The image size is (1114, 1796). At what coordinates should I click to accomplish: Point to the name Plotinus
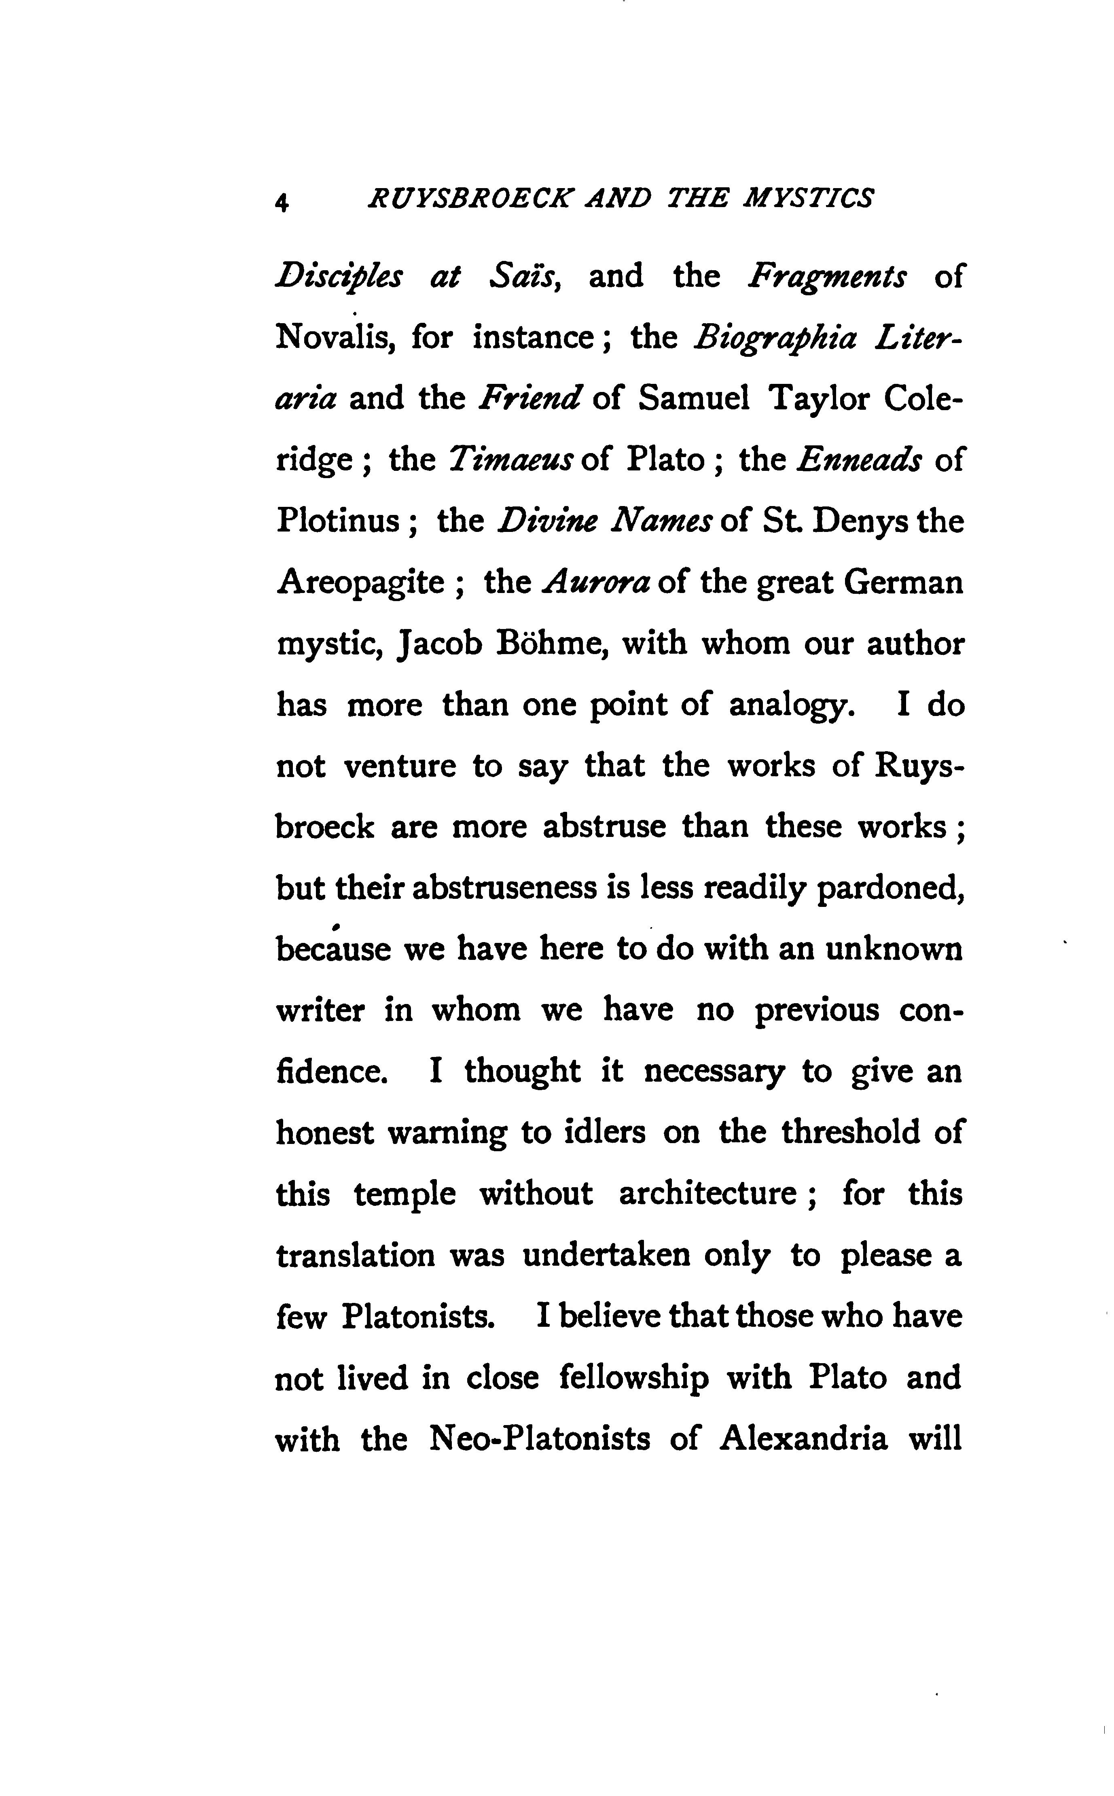point(337,521)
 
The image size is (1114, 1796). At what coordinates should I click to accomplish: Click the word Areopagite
point(360,583)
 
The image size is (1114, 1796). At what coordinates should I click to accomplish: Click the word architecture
point(707,1193)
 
